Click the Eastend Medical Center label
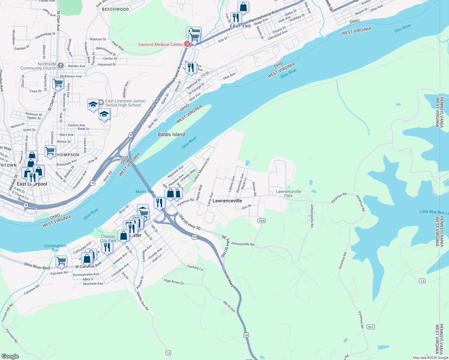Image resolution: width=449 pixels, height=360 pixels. tap(160, 44)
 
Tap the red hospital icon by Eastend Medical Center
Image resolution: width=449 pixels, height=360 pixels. tap(187, 44)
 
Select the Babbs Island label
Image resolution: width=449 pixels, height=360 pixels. tap(171, 134)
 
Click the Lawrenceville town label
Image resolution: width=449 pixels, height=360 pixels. tap(227, 201)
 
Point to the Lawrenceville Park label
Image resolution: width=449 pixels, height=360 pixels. tap(288, 193)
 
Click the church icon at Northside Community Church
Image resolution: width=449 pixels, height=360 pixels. tap(61, 66)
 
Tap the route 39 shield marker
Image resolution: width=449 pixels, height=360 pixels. tap(131, 135)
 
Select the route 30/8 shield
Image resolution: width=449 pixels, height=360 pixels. tap(261, 221)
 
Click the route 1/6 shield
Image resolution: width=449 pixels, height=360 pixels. tap(422, 281)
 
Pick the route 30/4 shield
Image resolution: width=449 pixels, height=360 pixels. tap(371, 327)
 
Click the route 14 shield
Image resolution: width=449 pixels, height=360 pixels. tap(168, 353)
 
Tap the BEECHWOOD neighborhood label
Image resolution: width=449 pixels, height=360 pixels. tap(116, 9)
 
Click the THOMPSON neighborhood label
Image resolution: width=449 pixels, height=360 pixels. tap(68, 155)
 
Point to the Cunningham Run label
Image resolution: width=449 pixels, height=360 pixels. tap(56, 248)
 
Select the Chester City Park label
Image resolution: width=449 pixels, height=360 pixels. tap(108, 238)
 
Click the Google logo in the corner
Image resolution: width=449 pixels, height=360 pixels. tap(10, 356)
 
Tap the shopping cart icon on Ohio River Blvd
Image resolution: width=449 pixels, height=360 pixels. tap(61, 261)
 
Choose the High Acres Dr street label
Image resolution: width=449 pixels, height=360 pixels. tap(174, 282)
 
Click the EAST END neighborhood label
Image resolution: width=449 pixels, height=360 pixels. tap(240, 26)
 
